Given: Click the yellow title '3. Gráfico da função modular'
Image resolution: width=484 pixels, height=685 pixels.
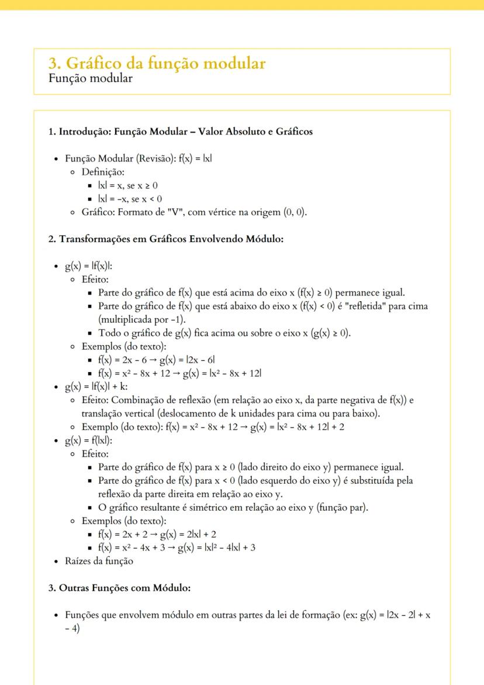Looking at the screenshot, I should point(157,64).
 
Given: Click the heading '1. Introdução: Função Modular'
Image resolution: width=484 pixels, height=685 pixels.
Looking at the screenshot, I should point(180,132).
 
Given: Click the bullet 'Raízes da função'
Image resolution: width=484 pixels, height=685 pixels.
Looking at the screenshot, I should point(99,561).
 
